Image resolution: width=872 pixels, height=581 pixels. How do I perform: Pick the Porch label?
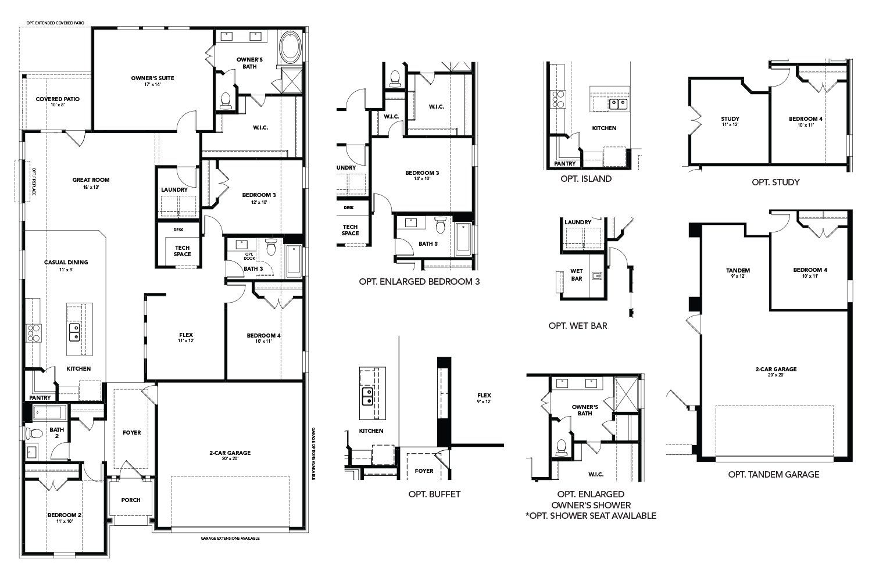coord(131,500)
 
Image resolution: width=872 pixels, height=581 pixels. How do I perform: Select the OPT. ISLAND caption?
coord(586,179)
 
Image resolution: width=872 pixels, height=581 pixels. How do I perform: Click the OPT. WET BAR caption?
coord(578,325)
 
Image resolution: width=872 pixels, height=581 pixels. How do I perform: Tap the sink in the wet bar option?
coord(596,275)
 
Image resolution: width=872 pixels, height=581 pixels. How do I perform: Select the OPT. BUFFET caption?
coord(434,494)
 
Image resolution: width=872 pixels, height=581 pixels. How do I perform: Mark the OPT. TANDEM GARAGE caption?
coord(774,474)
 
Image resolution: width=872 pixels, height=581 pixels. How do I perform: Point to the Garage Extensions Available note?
coord(230,539)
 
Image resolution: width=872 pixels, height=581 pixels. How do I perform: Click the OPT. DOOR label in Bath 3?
coord(249,256)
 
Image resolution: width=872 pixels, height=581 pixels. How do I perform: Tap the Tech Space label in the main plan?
coord(183,250)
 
